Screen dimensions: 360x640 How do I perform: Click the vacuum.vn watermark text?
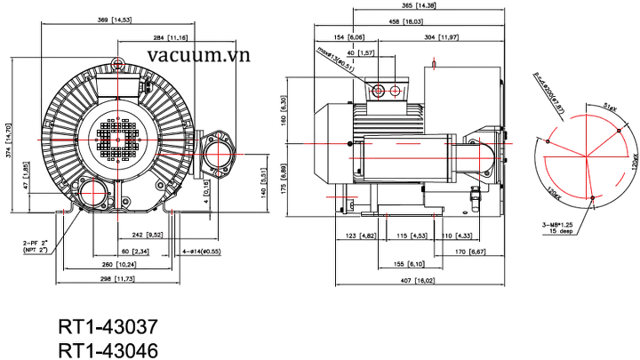pos(200,56)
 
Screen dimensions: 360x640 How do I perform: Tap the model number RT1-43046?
pos(108,348)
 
